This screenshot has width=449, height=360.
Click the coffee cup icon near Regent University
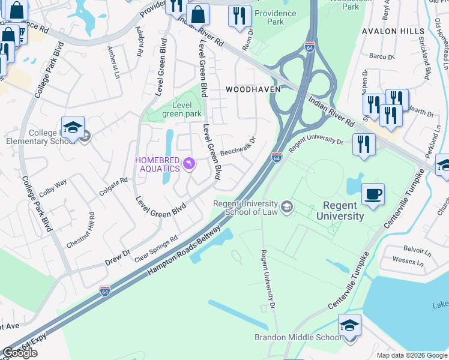(x=373, y=194)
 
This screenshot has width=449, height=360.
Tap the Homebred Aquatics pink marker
(x=190, y=164)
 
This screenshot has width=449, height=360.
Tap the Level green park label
(x=182, y=110)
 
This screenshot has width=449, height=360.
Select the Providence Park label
(x=275, y=17)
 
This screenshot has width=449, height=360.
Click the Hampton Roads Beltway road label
(x=187, y=252)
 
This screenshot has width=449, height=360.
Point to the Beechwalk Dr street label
(x=238, y=146)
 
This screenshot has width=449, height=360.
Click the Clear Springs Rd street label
(x=157, y=248)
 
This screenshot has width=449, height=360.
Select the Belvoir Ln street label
(x=413, y=248)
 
